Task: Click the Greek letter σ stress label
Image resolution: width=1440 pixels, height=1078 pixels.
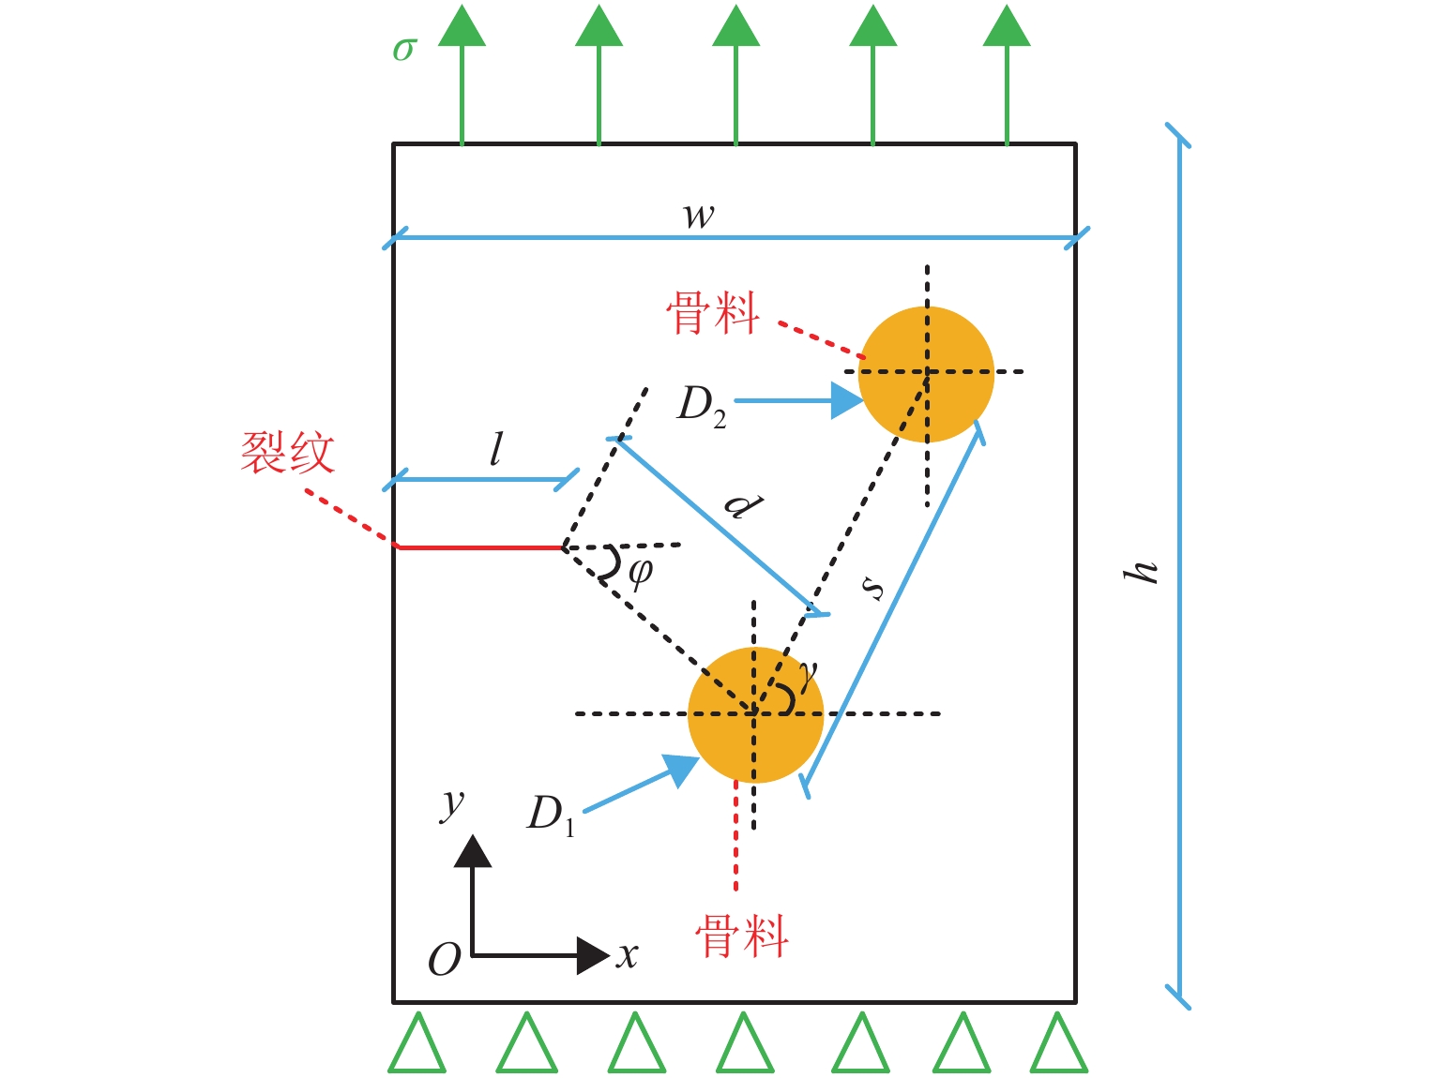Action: (404, 49)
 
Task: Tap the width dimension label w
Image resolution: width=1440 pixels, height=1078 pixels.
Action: (699, 217)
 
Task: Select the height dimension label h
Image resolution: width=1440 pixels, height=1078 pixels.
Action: (1142, 571)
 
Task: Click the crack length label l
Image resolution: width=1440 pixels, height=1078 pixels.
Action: (496, 450)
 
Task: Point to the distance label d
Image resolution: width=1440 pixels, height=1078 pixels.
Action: (744, 506)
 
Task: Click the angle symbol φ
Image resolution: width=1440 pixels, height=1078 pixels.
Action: (640, 571)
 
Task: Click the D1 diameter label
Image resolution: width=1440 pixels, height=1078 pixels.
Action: (552, 814)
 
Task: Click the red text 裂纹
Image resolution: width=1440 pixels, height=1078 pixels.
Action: (288, 453)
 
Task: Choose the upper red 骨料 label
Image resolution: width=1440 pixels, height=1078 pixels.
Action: (713, 313)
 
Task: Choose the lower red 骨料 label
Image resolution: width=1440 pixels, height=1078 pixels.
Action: (741, 936)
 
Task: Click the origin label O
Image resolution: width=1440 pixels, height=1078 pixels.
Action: (444, 960)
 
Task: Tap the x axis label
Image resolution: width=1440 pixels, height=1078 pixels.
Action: (627, 956)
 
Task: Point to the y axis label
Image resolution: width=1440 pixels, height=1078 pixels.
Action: (452, 803)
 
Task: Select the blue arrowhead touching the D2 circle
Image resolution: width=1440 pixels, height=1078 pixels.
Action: (847, 400)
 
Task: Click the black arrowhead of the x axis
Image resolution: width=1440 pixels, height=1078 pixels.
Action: (593, 955)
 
